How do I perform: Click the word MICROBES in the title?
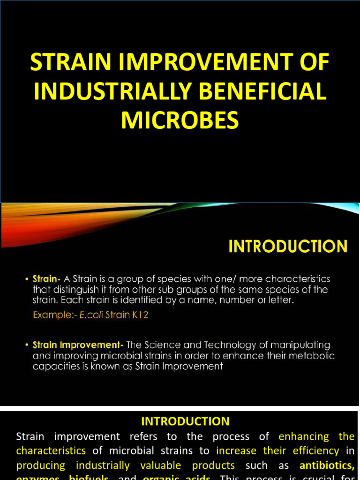tap(180, 120)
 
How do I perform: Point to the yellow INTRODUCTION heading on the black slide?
tap(288, 247)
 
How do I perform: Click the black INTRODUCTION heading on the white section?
tap(186, 421)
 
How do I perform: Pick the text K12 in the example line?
tap(139, 315)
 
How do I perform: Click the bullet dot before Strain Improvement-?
tap(27, 345)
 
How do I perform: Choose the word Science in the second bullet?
tap(155, 345)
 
